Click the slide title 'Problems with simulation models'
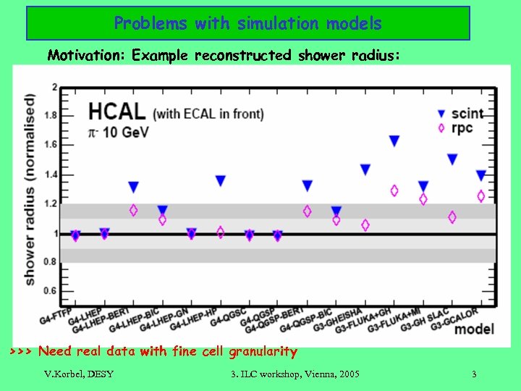[x=247, y=23]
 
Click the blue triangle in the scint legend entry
[x=441, y=114]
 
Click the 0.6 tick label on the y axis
[x=50, y=291]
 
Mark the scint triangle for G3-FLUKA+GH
[x=394, y=141]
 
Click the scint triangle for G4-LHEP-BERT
[x=133, y=187]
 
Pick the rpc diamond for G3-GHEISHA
[x=365, y=225]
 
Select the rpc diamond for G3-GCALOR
[x=481, y=196]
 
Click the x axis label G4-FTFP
[x=56, y=315]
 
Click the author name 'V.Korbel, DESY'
[x=78, y=374]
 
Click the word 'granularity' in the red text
[x=263, y=352]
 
